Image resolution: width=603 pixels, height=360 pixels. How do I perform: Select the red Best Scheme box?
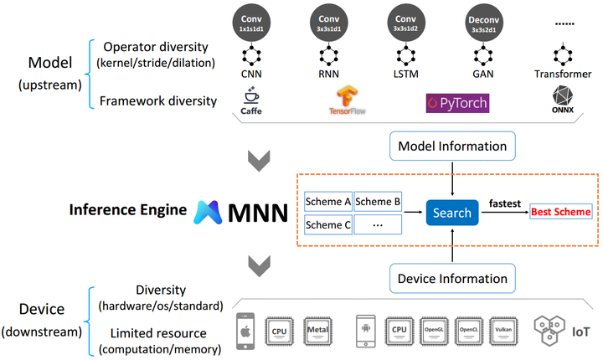click(x=559, y=212)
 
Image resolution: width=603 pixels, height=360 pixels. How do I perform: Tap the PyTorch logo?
click(x=457, y=104)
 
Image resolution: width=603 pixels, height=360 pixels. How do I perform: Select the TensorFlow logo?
click(x=341, y=102)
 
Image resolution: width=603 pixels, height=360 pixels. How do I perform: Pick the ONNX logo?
click(x=559, y=103)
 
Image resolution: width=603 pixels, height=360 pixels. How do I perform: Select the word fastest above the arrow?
click(x=506, y=203)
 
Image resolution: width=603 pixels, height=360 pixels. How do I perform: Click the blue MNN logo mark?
click(x=210, y=212)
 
